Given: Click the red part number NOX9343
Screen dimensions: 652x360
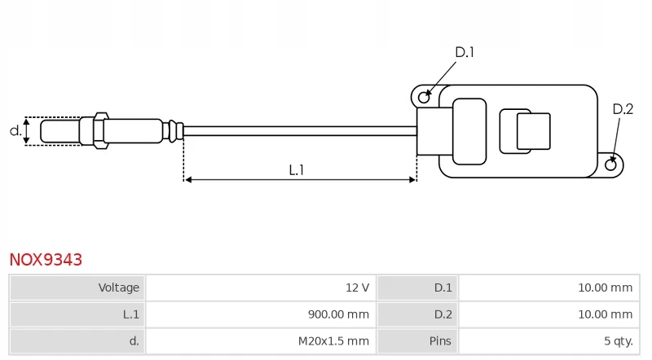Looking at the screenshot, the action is [46, 259].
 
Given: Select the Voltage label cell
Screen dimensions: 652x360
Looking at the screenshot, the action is [77, 288].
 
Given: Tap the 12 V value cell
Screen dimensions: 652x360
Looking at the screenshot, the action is [261, 288].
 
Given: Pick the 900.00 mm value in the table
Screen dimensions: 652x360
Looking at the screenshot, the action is [338, 314].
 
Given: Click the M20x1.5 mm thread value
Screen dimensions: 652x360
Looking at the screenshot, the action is [333, 341].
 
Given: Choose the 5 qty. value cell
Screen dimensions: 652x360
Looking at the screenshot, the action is [549, 341].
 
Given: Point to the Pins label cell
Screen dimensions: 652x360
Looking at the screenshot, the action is [417, 341].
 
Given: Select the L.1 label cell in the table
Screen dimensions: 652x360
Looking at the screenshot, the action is [77, 314].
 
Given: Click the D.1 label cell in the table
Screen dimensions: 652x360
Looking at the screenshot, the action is [417, 288].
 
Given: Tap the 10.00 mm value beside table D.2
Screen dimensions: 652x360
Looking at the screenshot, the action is [605, 314].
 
